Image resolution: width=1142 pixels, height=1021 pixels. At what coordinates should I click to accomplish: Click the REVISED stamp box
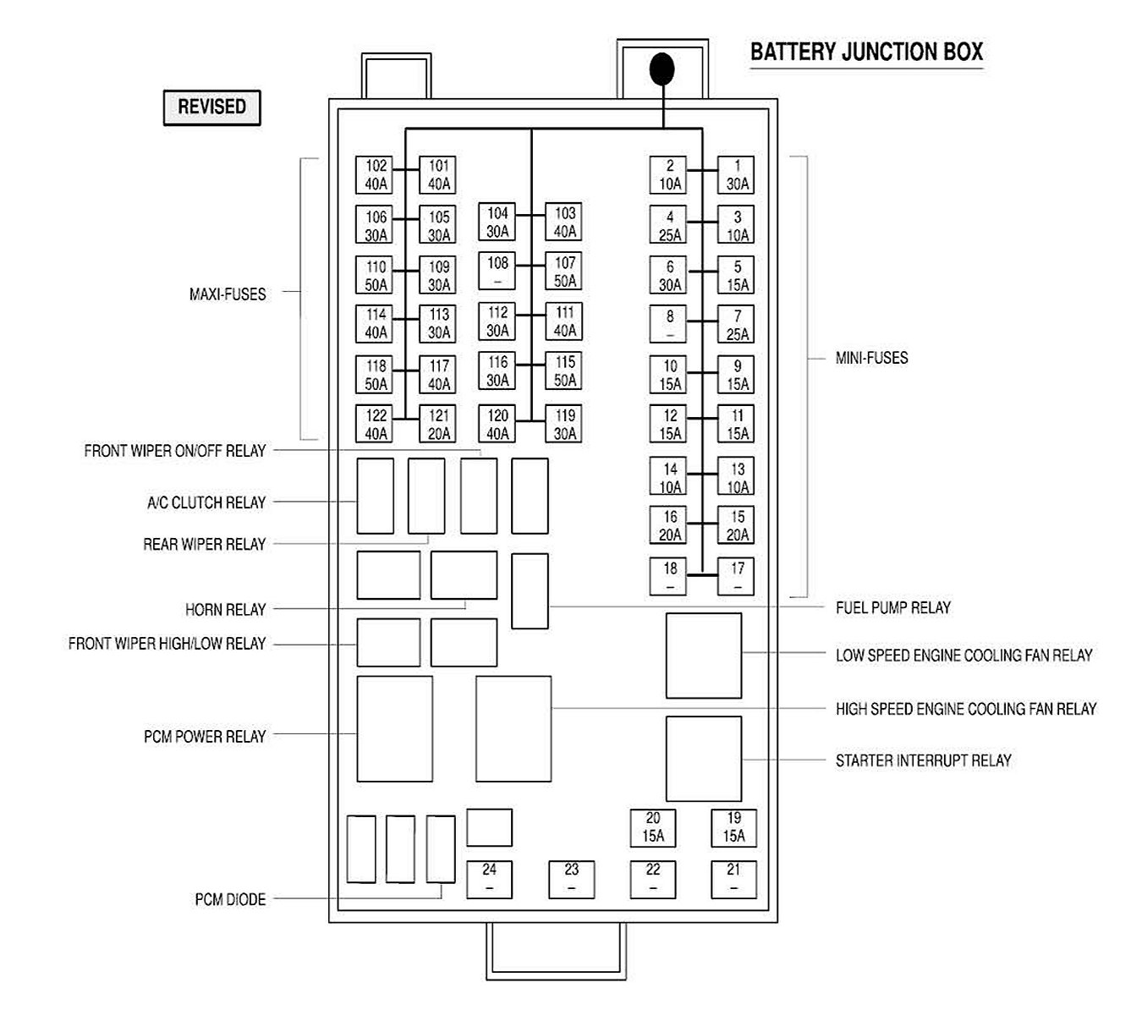click(211, 107)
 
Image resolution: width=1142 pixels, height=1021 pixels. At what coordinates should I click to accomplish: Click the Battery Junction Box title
click(866, 52)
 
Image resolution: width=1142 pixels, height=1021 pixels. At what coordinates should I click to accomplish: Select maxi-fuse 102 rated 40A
click(376, 175)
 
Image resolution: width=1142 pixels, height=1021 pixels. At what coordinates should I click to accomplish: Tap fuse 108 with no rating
click(497, 272)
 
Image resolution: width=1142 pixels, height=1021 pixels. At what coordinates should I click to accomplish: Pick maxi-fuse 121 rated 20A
click(438, 425)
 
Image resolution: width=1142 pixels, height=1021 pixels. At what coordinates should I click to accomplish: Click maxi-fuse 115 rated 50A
click(564, 371)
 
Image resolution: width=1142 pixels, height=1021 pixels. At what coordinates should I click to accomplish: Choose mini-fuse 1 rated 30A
click(736, 175)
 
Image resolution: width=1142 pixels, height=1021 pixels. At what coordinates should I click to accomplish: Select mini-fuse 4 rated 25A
click(669, 226)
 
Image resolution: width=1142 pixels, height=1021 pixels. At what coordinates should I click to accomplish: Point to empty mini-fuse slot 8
click(669, 325)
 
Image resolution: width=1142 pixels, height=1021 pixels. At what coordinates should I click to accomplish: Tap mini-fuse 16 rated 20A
click(669, 525)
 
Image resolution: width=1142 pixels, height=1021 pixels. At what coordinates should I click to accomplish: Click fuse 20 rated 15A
click(652, 827)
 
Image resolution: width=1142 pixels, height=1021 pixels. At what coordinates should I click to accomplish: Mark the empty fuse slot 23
click(571, 879)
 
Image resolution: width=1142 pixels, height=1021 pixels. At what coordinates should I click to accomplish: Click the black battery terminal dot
click(662, 69)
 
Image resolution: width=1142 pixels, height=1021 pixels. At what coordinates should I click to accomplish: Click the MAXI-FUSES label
click(227, 294)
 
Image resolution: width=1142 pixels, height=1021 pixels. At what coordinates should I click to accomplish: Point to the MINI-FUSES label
click(871, 358)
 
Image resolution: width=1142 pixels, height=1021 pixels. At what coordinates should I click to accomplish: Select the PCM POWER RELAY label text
click(205, 737)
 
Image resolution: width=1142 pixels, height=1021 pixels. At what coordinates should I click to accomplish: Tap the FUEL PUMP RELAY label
click(892, 607)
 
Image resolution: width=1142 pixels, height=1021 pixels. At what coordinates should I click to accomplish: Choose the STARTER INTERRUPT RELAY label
click(923, 760)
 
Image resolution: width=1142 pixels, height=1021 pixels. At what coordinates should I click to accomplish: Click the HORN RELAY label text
click(225, 609)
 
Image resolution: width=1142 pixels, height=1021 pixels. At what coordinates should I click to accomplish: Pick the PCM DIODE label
click(230, 899)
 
